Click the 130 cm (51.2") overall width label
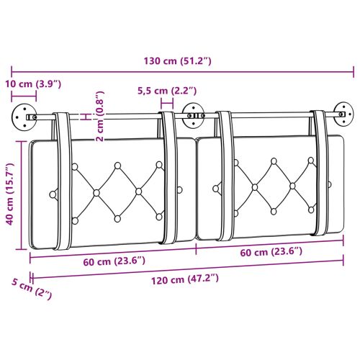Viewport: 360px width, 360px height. click(176, 60)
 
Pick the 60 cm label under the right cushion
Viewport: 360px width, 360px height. click(271, 252)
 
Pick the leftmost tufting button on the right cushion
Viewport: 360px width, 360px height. click(215, 189)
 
